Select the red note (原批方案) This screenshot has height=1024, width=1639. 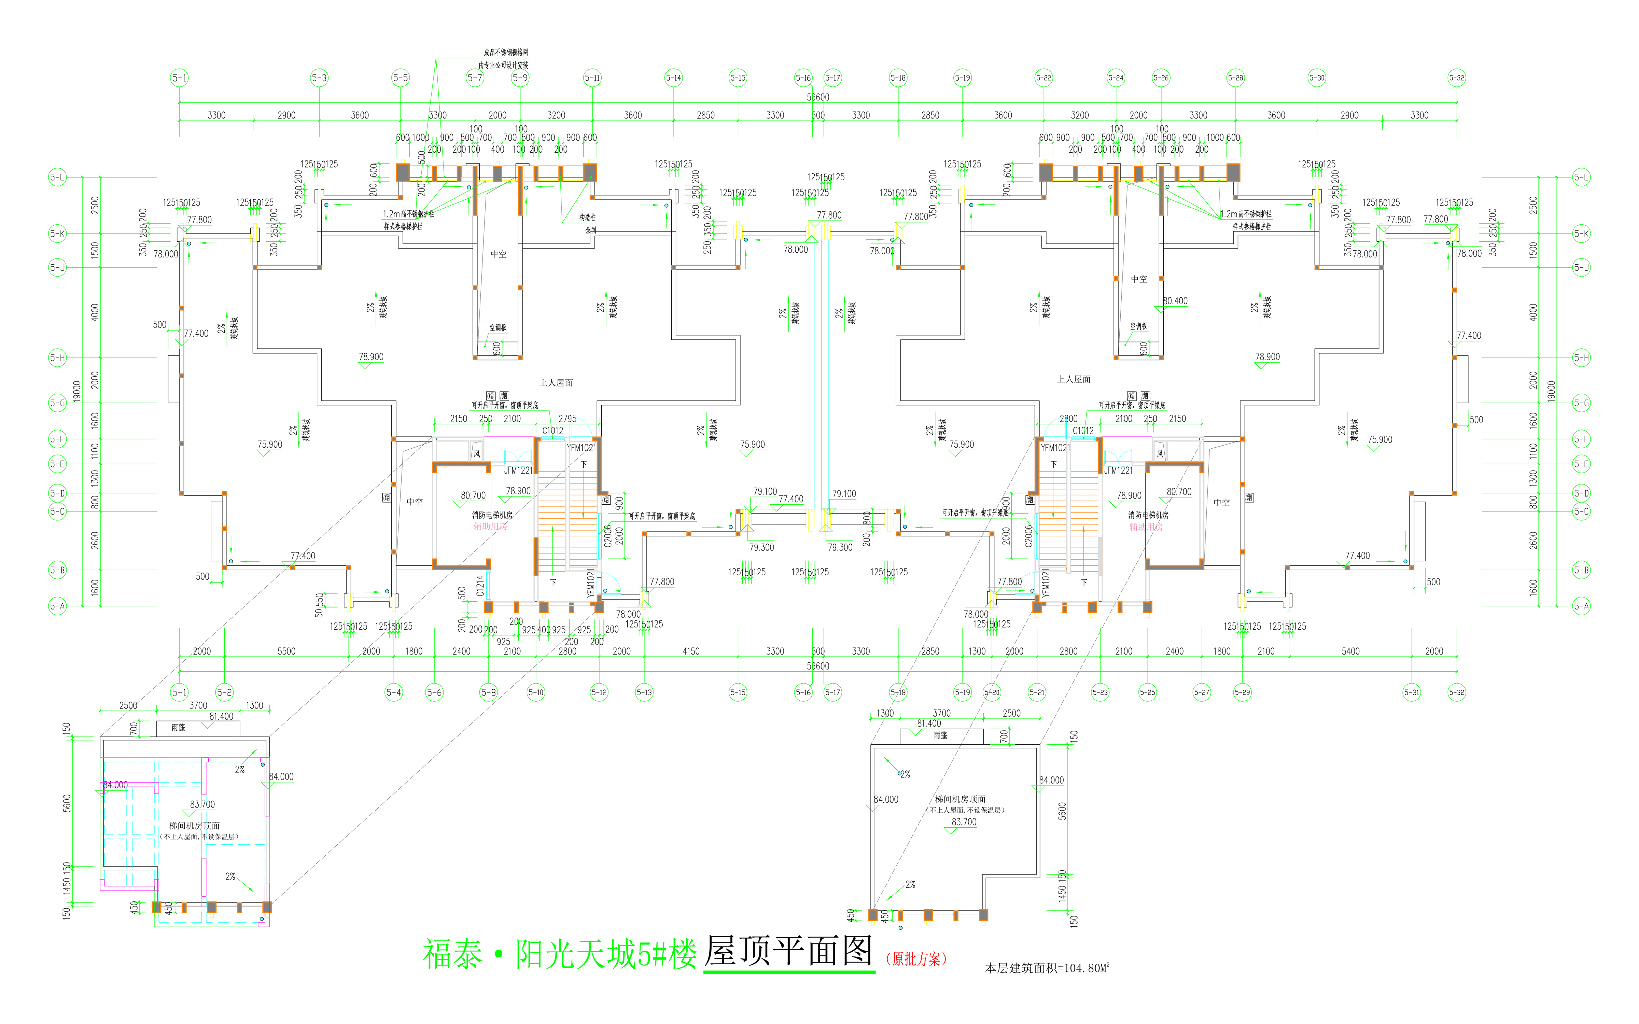(916, 959)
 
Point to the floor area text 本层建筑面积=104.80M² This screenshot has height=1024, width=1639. (1046, 968)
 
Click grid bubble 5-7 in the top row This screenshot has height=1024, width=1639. (475, 78)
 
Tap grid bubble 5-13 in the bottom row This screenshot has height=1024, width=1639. (644, 692)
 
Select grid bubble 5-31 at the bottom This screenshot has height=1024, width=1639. (1412, 692)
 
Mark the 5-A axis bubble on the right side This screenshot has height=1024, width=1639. (1581, 606)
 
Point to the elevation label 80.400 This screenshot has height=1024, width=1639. (1175, 301)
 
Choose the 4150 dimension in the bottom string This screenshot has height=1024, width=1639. (691, 651)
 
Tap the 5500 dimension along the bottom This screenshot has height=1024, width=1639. (286, 651)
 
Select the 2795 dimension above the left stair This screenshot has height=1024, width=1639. (568, 419)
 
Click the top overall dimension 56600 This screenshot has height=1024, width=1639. (817, 97)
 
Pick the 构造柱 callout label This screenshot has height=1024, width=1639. (587, 218)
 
